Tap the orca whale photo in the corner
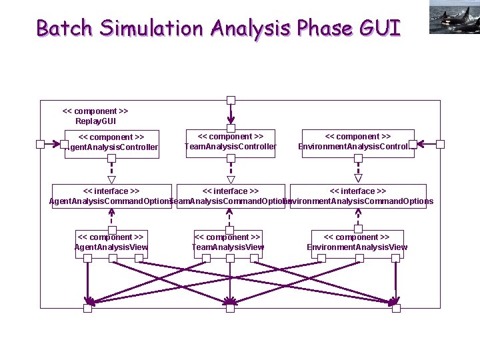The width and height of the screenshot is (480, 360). pyautogui.click(x=454, y=17)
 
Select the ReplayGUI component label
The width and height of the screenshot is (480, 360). pyautogui.click(x=95, y=116)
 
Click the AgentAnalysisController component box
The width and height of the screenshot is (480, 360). pyautogui.click(x=111, y=143)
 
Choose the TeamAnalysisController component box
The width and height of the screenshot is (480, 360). pyautogui.click(x=230, y=142)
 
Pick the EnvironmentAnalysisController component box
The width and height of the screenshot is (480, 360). pyautogui.click(x=357, y=142)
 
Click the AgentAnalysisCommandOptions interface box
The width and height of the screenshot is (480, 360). pyautogui.click(x=111, y=197)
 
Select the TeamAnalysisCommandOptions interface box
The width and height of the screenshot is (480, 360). pyautogui.click(x=230, y=197)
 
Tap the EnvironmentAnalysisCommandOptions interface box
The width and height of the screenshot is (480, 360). pyautogui.click(x=358, y=197)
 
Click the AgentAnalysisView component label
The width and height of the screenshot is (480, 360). pyautogui.click(x=111, y=242)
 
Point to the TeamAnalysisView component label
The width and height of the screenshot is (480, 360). pyautogui.click(x=228, y=242)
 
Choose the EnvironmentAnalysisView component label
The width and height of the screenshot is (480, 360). pyautogui.click(x=357, y=242)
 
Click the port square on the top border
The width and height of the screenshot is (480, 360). pyautogui.click(x=231, y=101)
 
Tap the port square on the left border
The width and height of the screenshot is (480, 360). pyautogui.click(x=41, y=144)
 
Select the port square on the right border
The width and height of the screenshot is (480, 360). pyautogui.click(x=440, y=144)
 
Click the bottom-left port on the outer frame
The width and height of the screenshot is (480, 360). pyautogui.click(x=87, y=308)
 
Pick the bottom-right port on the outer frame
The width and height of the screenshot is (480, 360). pyautogui.click(x=396, y=308)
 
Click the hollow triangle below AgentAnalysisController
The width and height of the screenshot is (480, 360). pyautogui.click(x=112, y=179)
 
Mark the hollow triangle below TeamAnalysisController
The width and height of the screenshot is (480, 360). pyautogui.click(x=231, y=179)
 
